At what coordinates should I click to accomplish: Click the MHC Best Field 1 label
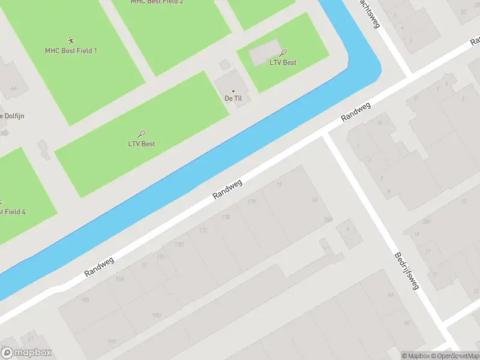[x=71, y=50]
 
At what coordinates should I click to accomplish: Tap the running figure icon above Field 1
[x=71, y=41]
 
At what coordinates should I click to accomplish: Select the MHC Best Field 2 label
[x=157, y=2]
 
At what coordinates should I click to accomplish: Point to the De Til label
[x=233, y=98]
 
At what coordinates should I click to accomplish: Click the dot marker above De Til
[x=233, y=91]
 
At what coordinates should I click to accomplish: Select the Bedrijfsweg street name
[x=406, y=271]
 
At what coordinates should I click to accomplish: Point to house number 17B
[x=226, y=217]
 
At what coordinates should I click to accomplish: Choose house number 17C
[x=203, y=230]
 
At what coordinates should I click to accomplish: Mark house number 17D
[x=178, y=244]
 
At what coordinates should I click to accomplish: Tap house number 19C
[x=112, y=341]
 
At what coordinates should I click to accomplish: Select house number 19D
[x=156, y=315]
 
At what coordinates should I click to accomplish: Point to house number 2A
[x=314, y=200]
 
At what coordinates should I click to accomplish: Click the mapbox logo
[x=26, y=353]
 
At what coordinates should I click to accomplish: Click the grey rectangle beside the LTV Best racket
[x=264, y=54]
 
